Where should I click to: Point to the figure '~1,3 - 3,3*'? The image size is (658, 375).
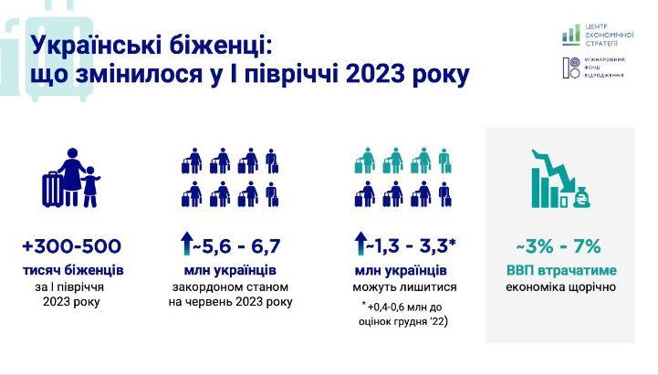point(412,246)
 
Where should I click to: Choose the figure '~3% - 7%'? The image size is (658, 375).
point(559,246)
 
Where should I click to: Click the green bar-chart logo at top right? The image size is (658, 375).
point(570,34)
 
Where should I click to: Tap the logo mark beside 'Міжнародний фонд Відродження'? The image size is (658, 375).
point(570,68)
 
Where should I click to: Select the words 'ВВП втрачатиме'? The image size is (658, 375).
point(560,271)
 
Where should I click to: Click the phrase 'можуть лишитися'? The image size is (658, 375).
point(400,286)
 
